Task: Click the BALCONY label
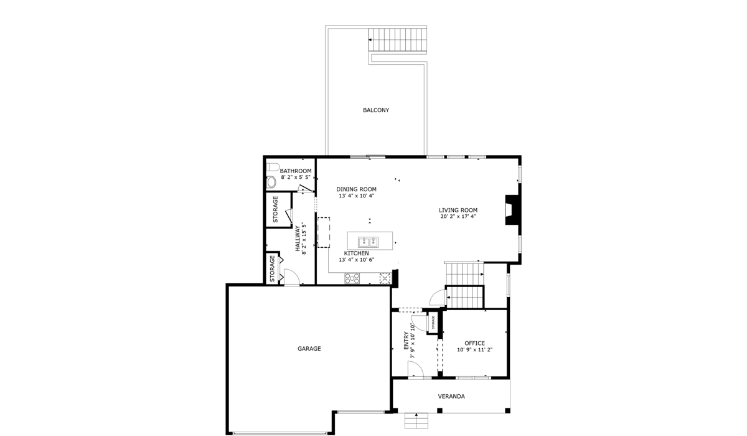point(376,110)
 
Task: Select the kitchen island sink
point(368,242)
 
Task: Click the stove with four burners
point(352,278)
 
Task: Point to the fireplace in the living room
point(510,210)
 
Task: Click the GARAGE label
point(309,349)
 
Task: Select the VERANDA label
point(451,396)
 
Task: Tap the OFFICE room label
point(474,343)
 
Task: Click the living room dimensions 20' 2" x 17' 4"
point(458,217)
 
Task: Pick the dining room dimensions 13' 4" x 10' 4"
point(356,196)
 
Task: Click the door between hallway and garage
point(291,278)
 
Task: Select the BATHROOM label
point(295,171)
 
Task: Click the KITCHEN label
point(356,254)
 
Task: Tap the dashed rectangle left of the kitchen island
point(324,232)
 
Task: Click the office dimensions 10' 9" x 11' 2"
point(474,350)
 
